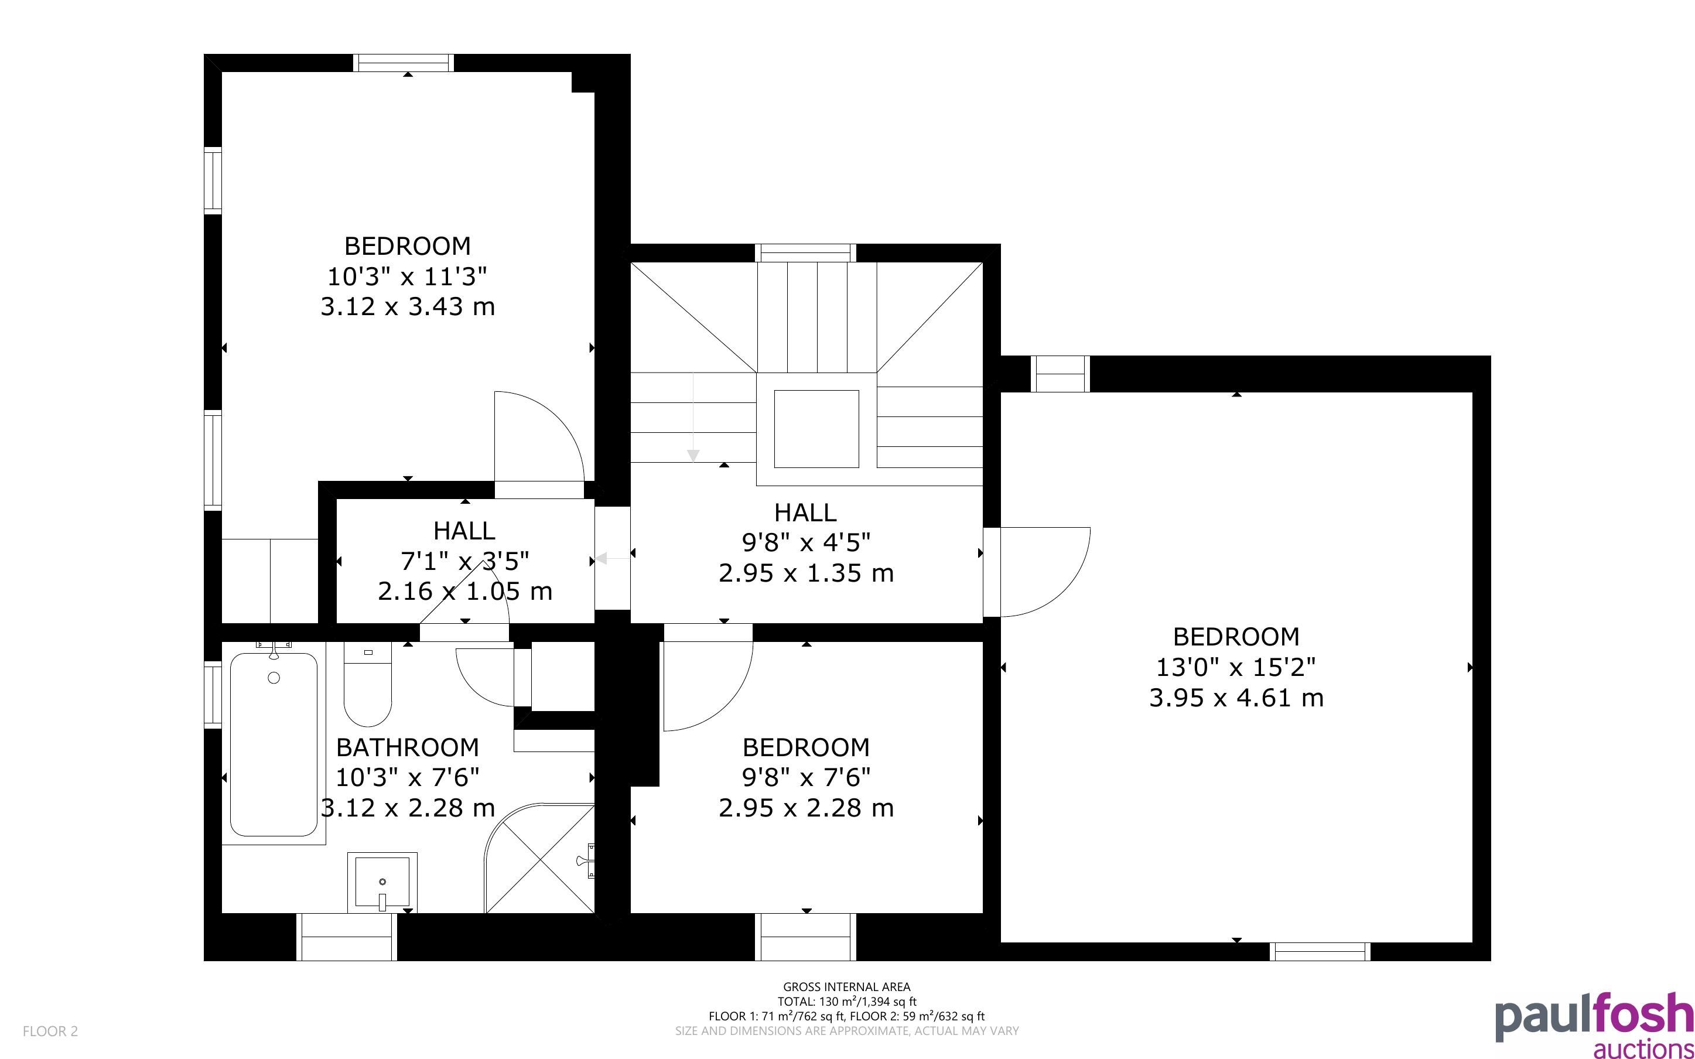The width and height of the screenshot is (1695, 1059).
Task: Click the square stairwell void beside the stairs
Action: (x=816, y=429)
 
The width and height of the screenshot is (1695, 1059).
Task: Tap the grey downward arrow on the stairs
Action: (x=693, y=416)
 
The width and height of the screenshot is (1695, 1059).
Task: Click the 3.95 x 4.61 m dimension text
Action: (x=1236, y=698)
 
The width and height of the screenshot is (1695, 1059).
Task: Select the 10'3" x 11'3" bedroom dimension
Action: (x=408, y=276)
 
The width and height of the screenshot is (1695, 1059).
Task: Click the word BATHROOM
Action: (x=408, y=747)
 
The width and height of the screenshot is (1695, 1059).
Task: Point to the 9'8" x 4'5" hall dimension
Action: (x=806, y=542)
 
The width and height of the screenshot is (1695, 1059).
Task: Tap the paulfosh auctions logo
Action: (x=1594, y=1024)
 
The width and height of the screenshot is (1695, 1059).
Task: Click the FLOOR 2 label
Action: (x=50, y=1031)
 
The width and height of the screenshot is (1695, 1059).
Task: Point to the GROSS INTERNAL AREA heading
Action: (x=846, y=987)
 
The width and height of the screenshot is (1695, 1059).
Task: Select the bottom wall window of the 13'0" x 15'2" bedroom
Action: (x=1320, y=951)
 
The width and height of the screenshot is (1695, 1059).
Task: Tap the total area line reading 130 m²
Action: (x=846, y=1002)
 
